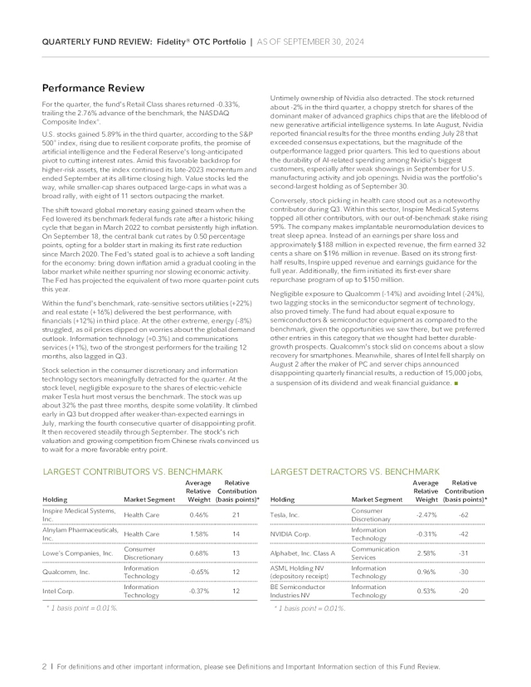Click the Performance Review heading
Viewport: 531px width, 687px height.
[x=93, y=88]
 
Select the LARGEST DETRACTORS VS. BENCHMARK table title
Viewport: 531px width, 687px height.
[x=355, y=471]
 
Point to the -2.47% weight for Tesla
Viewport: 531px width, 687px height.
[x=425, y=515]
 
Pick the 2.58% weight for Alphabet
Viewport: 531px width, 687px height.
[x=426, y=553]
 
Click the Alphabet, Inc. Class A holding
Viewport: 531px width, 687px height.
[x=302, y=553]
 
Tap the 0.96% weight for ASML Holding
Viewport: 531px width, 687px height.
[x=426, y=572]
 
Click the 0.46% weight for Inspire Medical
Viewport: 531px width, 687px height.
[x=198, y=515]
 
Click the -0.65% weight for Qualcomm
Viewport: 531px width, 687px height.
[x=197, y=572]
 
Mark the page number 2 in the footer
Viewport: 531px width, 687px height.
[x=44, y=667]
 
